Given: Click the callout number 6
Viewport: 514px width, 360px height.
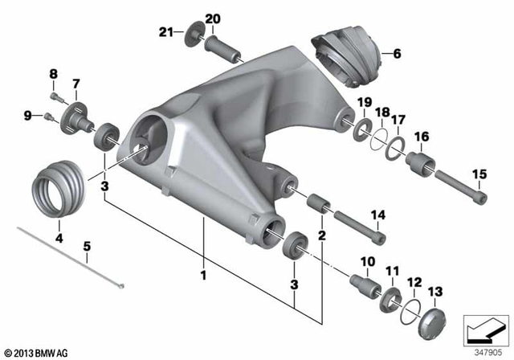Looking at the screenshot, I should click(x=395, y=55).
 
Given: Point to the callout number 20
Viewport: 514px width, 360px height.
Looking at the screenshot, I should click(x=212, y=18).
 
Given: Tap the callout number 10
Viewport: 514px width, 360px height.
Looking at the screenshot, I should click(x=368, y=262).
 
